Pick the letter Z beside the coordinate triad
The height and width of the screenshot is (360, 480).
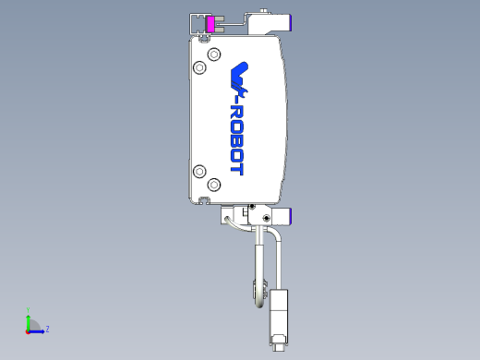[x=47, y=328]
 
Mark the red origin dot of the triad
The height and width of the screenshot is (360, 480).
[x=28, y=330]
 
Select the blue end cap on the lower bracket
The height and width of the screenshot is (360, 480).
[x=289, y=217]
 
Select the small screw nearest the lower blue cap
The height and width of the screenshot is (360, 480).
[x=268, y=218]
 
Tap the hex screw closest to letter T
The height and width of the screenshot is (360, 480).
[x=214, y=185]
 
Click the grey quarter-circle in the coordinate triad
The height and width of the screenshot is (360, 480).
[x=32, y=325]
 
